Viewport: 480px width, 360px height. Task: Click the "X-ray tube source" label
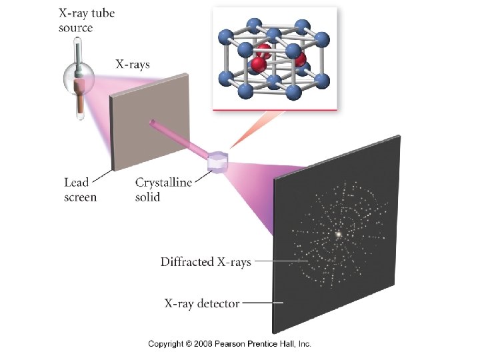pyautogui.click(x=84, y=21)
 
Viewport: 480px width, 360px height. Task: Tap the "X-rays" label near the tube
pyautogui.click(x=133, y=65)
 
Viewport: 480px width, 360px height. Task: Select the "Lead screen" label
pyautogui.click(x=80, y=189)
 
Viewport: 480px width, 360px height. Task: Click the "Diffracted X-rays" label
pyautogui.click(x=205, y=262)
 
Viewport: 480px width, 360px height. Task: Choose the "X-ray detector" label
pyautogui.click(x=201, y=303)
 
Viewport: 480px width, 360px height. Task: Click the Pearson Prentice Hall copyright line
pyautogui.click(x=230, y=344)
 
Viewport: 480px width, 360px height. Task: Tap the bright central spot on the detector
pyautogui.click(x=339, y=234)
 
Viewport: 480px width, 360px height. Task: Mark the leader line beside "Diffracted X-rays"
pyautogui.click(x=271, y=262)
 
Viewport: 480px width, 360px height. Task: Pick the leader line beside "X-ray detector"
pyautogui.click(x=263, y=303)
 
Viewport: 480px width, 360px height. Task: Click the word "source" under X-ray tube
pyautogui.click(x=76, y=28)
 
